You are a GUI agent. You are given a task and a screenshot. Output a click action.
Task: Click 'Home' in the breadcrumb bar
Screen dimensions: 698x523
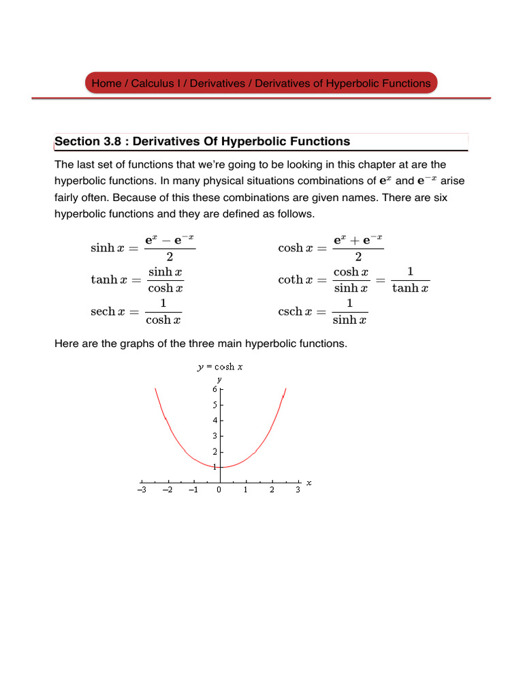point(106,83)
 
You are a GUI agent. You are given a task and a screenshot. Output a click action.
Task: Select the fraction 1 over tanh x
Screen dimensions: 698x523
point(411,279)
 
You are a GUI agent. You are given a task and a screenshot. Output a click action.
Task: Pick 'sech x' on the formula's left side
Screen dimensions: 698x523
point(108,312)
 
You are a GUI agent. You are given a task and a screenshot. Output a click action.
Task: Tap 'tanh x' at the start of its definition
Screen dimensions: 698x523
point(108,280)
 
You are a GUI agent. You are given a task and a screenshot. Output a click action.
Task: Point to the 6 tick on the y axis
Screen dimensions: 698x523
point(215,389)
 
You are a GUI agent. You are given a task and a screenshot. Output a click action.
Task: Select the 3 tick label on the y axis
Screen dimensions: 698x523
point(215,436)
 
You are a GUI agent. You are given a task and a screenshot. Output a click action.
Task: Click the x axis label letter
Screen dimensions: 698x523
point(308,483)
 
